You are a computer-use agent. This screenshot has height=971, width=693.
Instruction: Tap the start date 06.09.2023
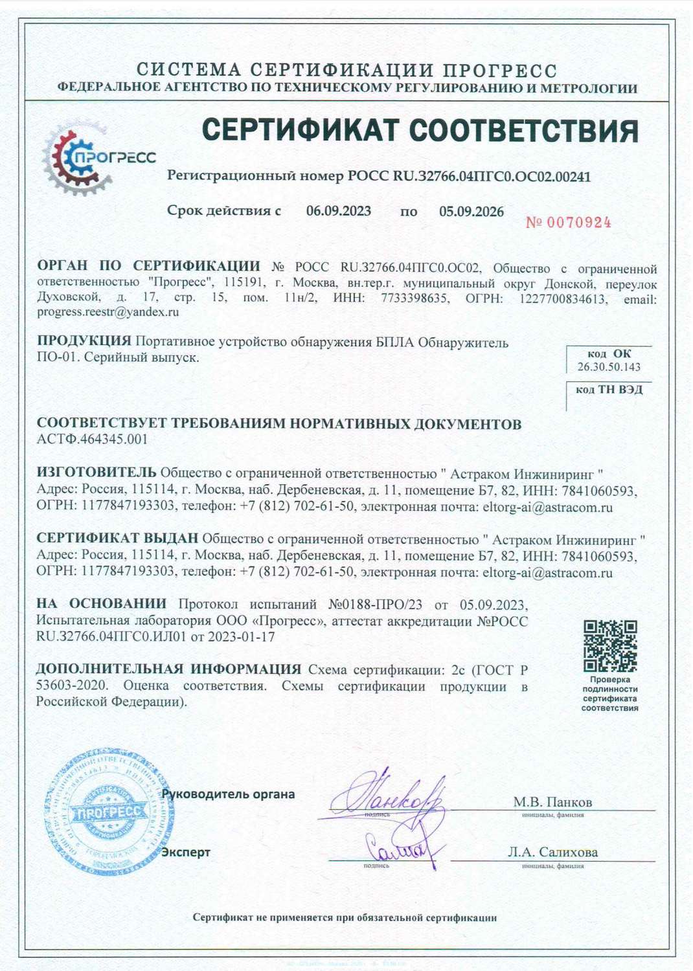tap(339, 211)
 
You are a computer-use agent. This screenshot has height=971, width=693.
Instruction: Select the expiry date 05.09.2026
tap(471, 212)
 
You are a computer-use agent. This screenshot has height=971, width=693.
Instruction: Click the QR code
tap(610, 645)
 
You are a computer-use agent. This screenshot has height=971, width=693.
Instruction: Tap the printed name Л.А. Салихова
tap(552, 852)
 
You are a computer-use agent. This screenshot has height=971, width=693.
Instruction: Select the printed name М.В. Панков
tap(552, 802)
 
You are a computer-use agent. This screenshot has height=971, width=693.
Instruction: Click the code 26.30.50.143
tap(609, 367)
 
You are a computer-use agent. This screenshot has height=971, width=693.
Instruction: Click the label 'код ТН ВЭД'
tap(609, 389)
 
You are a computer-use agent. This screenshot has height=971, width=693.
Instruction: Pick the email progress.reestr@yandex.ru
tap(108, 312)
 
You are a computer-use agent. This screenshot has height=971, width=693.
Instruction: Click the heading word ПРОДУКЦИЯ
tap(84, 341)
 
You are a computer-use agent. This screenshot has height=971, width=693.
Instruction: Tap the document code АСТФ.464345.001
tap(93, 439)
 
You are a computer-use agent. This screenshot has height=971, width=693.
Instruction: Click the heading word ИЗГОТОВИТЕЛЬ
tap(97, 473)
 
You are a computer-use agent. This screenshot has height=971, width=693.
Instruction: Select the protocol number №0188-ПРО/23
tap(375, 605)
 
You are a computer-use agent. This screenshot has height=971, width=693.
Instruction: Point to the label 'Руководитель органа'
tap(229, 794)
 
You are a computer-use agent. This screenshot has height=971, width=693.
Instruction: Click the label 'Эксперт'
tap(186, 852)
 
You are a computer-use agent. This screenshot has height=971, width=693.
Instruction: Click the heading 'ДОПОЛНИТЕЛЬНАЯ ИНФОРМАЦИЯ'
tap(168, 669)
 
